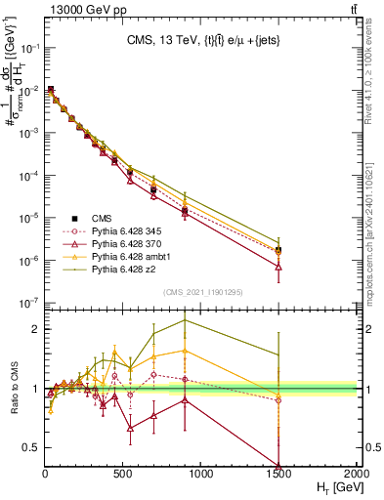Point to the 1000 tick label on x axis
click(201, 474)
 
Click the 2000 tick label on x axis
click(356, 474)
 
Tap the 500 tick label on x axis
click(123, 474)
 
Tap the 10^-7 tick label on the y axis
click(29, 304)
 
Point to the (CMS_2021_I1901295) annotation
click(202, 292)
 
